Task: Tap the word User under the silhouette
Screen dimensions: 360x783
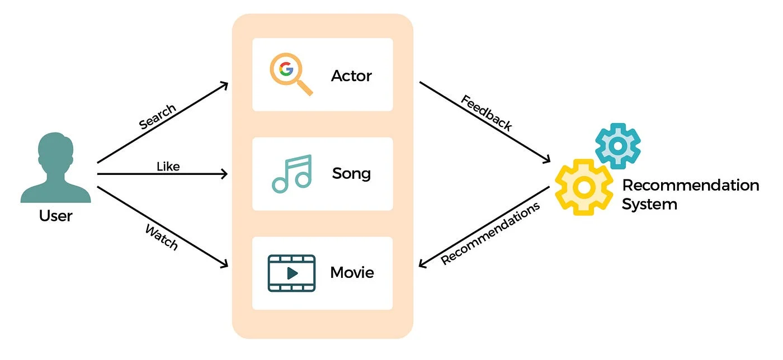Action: [x=55, y=215]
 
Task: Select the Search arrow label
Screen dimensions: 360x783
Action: [x=157, y=117]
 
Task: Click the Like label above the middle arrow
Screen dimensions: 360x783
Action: [x=168, y=166]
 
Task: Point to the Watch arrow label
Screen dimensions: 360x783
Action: [x=162, y=238]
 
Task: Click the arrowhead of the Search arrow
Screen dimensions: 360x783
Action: [x=224, y=85]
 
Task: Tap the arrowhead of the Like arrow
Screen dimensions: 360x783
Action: [x=225, y=174]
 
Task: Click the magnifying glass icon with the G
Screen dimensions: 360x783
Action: [x=290, y=74]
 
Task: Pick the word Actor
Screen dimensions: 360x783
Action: [x=351, y=75]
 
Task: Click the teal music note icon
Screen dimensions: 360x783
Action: [x=291, y=174]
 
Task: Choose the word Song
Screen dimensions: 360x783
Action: [x=351, y=173]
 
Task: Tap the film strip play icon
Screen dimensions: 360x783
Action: [x=291, y=273]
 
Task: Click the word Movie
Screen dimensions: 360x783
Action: [x=352, y=273]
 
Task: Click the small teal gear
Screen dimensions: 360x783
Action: [x=617, y=145]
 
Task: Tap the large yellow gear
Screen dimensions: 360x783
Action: [x=584, y=187]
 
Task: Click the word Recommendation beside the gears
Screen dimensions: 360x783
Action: [x=690, y=185]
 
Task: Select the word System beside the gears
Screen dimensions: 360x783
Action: [x=649, y=204]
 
